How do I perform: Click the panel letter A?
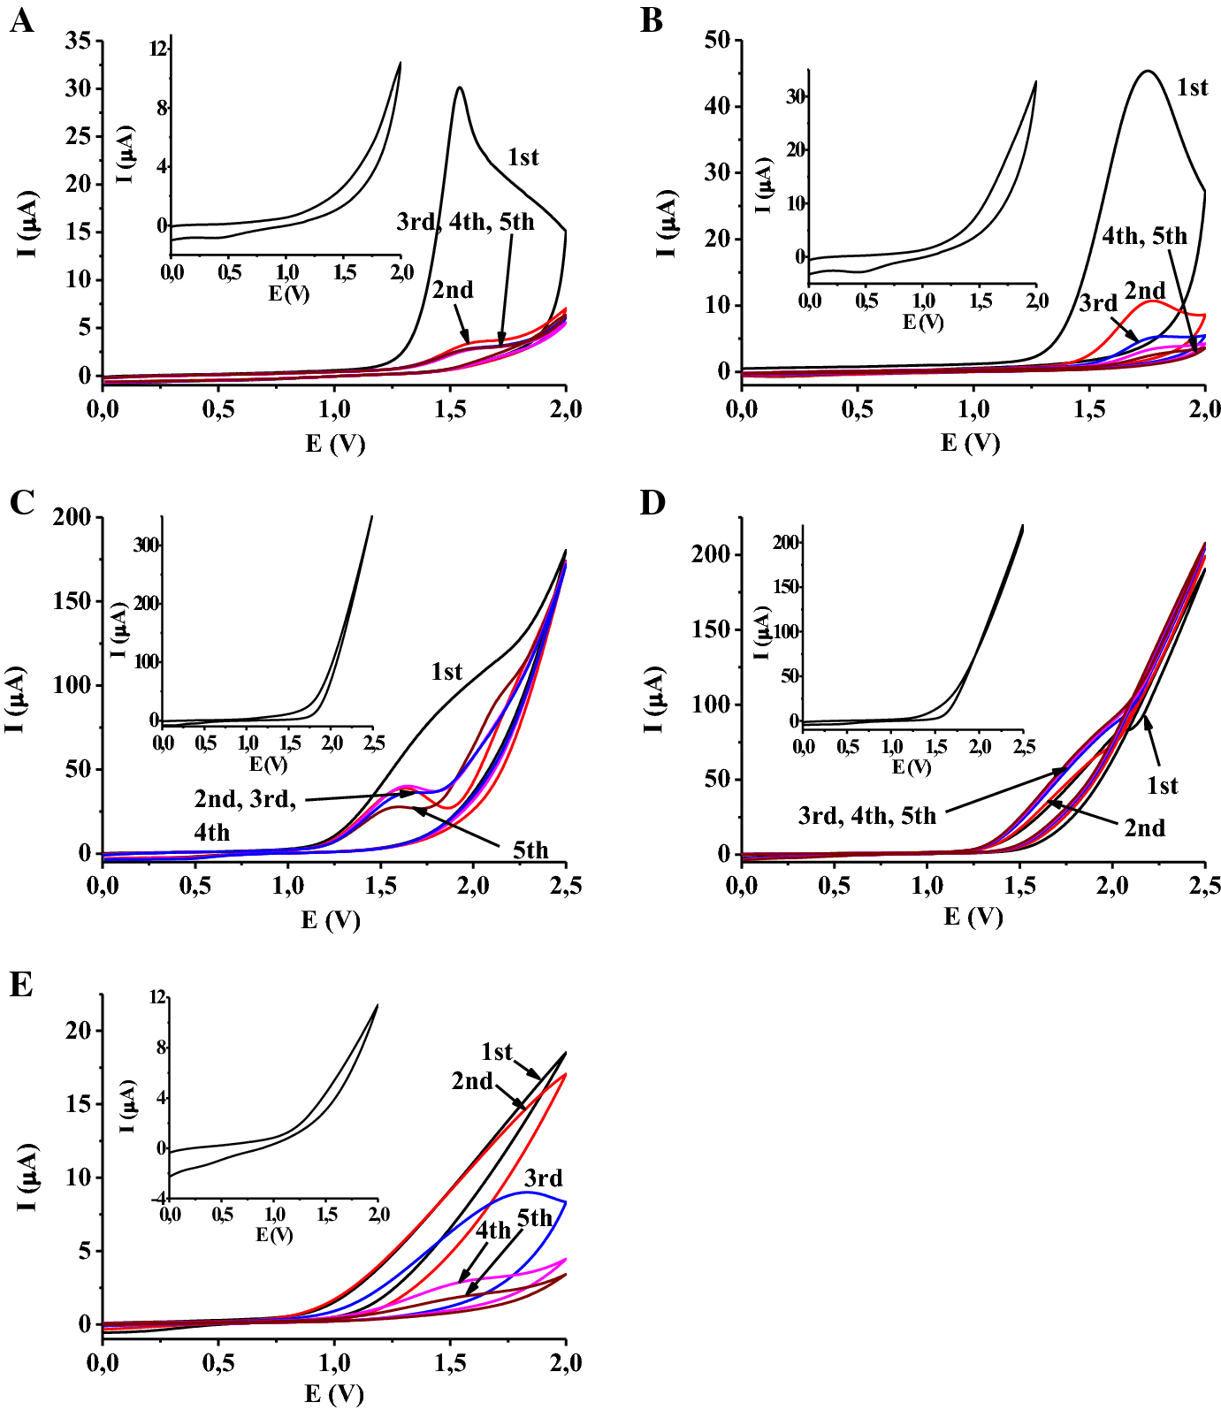21,20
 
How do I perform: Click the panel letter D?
652,502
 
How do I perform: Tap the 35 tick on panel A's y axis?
78,41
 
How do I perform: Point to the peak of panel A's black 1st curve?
460,88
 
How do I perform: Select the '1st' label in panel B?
1192,88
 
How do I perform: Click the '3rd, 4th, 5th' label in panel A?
465,222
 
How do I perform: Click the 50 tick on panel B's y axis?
717,40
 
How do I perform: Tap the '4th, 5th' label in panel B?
1144,236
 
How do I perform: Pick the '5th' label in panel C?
530,850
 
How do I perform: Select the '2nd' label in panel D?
1144,828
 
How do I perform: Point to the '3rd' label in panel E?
543,1178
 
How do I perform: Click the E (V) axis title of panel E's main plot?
334,1394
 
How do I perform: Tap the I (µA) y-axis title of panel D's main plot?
654,700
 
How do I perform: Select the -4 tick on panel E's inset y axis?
157,1199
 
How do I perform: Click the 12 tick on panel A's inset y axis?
158,49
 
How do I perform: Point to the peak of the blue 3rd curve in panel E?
527,1193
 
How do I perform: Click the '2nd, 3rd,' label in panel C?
245,799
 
